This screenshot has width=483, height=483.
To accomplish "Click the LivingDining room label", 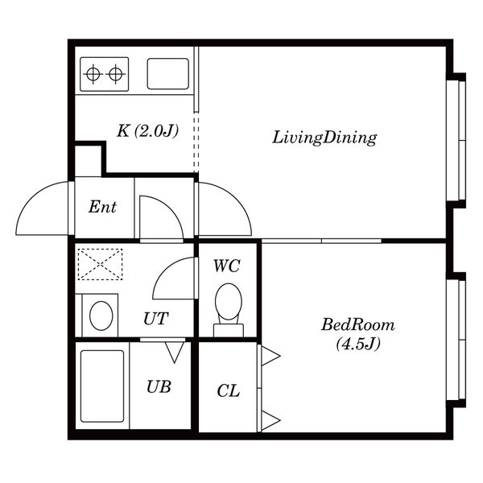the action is [x=324, y=138].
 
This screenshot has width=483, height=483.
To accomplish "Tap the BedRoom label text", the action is [x=358, y=325].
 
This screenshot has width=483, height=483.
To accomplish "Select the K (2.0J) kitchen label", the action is [x=148, y=131].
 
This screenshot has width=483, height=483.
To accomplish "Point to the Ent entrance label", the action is [x=102, y=207].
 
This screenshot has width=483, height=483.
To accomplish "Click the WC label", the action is [x=227, y=266].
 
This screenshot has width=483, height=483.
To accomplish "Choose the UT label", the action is [x=156, y=319].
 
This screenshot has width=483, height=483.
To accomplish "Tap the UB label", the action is [x=159, y=387].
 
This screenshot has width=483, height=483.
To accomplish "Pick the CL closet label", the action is [x=229, y=391].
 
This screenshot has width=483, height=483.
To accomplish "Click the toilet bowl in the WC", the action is [x=229, y=302].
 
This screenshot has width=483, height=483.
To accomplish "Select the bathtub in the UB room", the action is [x=102, y=386].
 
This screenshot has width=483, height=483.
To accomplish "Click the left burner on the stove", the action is [x=93, y=74].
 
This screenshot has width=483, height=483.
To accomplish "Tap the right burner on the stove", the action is [x=115, y=74].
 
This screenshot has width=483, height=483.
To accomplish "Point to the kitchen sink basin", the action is [x=168, y=74].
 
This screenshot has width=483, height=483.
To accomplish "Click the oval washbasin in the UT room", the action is [x=101, y=316].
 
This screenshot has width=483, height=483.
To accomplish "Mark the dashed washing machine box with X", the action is [x=100, y=264].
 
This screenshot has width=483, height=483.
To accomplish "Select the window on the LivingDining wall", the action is [x=456, y=140].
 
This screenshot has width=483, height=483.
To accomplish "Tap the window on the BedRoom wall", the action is [x=456, y=340].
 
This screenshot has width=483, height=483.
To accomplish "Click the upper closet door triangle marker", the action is [x=270, y=356].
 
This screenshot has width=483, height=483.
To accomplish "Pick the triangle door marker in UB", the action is [x=175, y=352].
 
